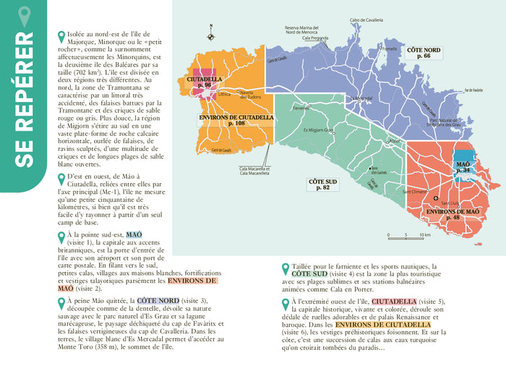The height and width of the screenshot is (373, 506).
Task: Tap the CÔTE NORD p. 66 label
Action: pyautogui.click(x=424, y=52)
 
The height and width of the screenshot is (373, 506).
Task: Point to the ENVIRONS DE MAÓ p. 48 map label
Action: pyautogui.click(x=453, y=214)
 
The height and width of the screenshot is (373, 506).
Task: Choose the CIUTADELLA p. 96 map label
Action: pyautogui.click(x=204, y=81)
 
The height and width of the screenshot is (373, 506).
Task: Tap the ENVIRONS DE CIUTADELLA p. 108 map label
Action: pyautogui.click(x=236, y=120)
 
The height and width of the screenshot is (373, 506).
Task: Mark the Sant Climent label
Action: pyautogui.click(x=416, y=192)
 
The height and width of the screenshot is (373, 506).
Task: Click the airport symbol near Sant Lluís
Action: pyautogui.click(x=435, y=198)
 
